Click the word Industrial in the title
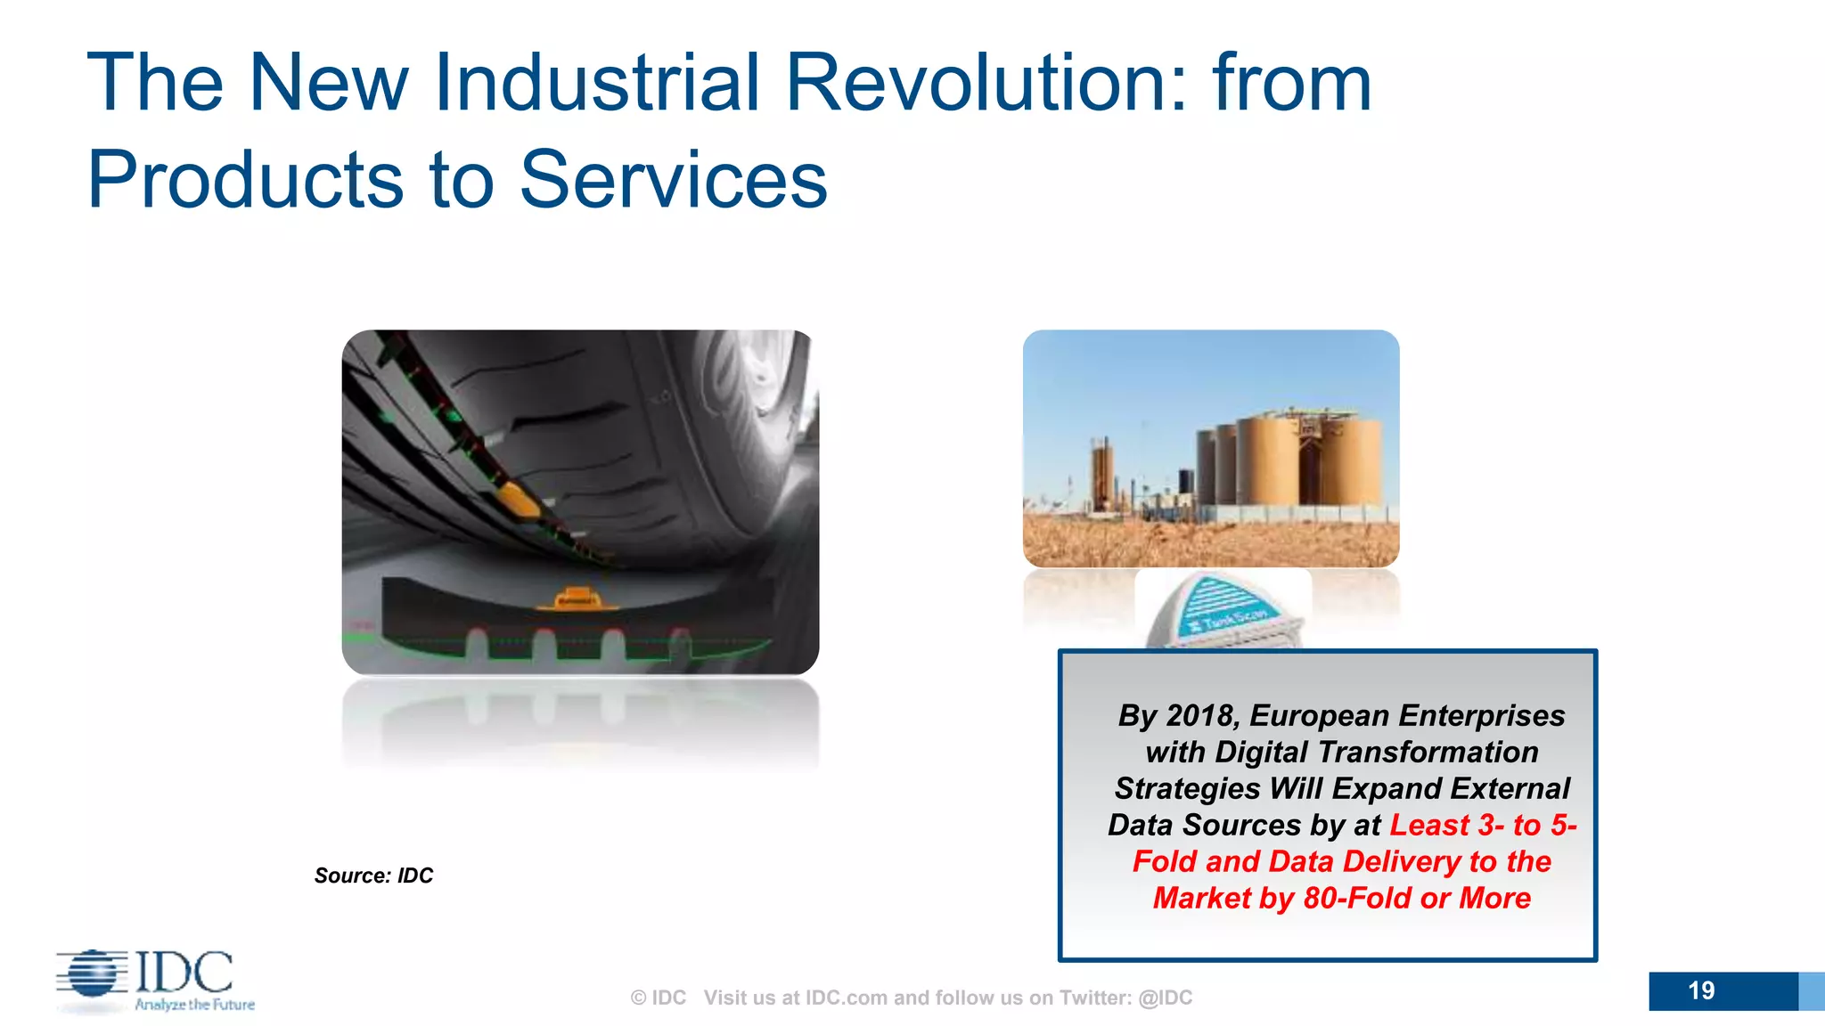[x=595, y=82]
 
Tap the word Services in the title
[x=673, y=180]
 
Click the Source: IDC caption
[x=373, y=875]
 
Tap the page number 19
[x=1700, y=990]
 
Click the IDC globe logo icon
[x=92, y=973]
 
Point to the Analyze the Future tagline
[x=194, y=1005]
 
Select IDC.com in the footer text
[x=846, y=997]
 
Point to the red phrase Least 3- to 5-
[x=1483, y=825]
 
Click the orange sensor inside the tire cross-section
[x=576, y=598]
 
